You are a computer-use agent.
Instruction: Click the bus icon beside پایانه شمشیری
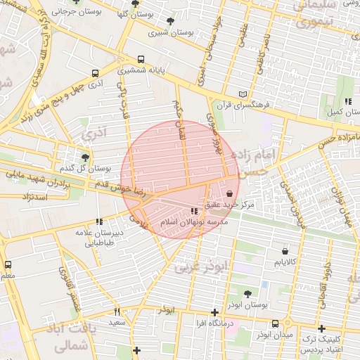point(141,60)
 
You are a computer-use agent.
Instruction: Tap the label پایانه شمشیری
point(141,71)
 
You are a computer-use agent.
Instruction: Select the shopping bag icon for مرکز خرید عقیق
point(230,194)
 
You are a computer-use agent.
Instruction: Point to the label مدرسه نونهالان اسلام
point(196,221)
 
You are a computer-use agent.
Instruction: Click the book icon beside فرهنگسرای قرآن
point(243,94)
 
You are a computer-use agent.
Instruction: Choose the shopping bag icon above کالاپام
point(285,251)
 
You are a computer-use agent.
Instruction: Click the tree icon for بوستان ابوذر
point(247,294)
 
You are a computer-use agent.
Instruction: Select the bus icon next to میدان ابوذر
point(274,324)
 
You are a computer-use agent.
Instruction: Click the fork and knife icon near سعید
point(117,311)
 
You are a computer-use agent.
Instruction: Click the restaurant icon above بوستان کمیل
point(348,101)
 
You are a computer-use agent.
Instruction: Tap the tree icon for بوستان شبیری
point(171,22)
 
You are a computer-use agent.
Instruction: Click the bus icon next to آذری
point(95,72)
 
